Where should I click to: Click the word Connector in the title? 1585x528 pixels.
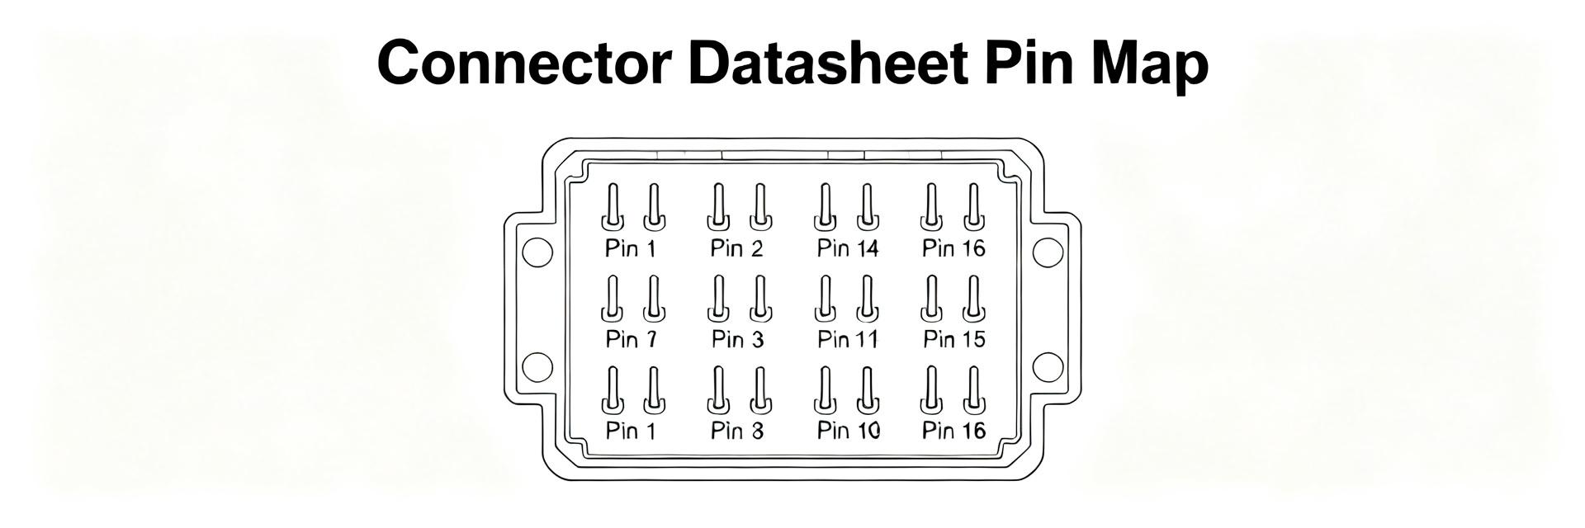pos(523,63)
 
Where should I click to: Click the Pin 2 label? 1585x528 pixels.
pos(736,248)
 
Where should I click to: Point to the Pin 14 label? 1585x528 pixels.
pos(848,248)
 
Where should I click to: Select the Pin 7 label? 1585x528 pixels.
pos(632,339)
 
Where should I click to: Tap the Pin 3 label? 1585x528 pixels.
pos(737,339)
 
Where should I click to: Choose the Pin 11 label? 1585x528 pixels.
pos(848,339)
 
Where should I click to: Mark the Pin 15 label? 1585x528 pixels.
pos(954,339)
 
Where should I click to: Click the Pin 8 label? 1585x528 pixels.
pos(737,430)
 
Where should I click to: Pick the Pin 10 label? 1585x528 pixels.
pos(849,430)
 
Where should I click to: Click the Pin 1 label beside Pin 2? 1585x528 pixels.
pos(631,248)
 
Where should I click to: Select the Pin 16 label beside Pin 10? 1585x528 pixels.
pos(954,430)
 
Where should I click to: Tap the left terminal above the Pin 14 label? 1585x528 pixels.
pos(824,207)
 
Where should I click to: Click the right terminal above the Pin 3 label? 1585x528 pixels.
pos(760,299)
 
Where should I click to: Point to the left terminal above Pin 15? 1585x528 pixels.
pos(931,299)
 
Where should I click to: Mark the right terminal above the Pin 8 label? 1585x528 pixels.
pos(760,390)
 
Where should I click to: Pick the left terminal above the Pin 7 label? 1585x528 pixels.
pos(613,299)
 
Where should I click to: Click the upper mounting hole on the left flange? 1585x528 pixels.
pos(537,252)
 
